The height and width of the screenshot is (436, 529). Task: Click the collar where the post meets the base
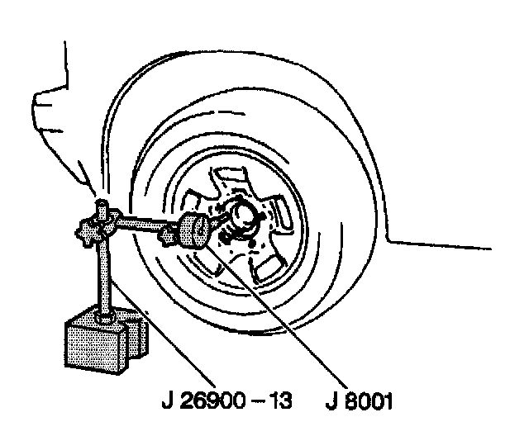(106, 315)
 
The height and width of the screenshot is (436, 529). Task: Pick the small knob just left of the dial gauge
(169, 237)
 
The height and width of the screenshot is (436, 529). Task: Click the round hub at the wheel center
(245, 217)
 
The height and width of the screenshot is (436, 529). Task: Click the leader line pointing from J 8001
(289, 314)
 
